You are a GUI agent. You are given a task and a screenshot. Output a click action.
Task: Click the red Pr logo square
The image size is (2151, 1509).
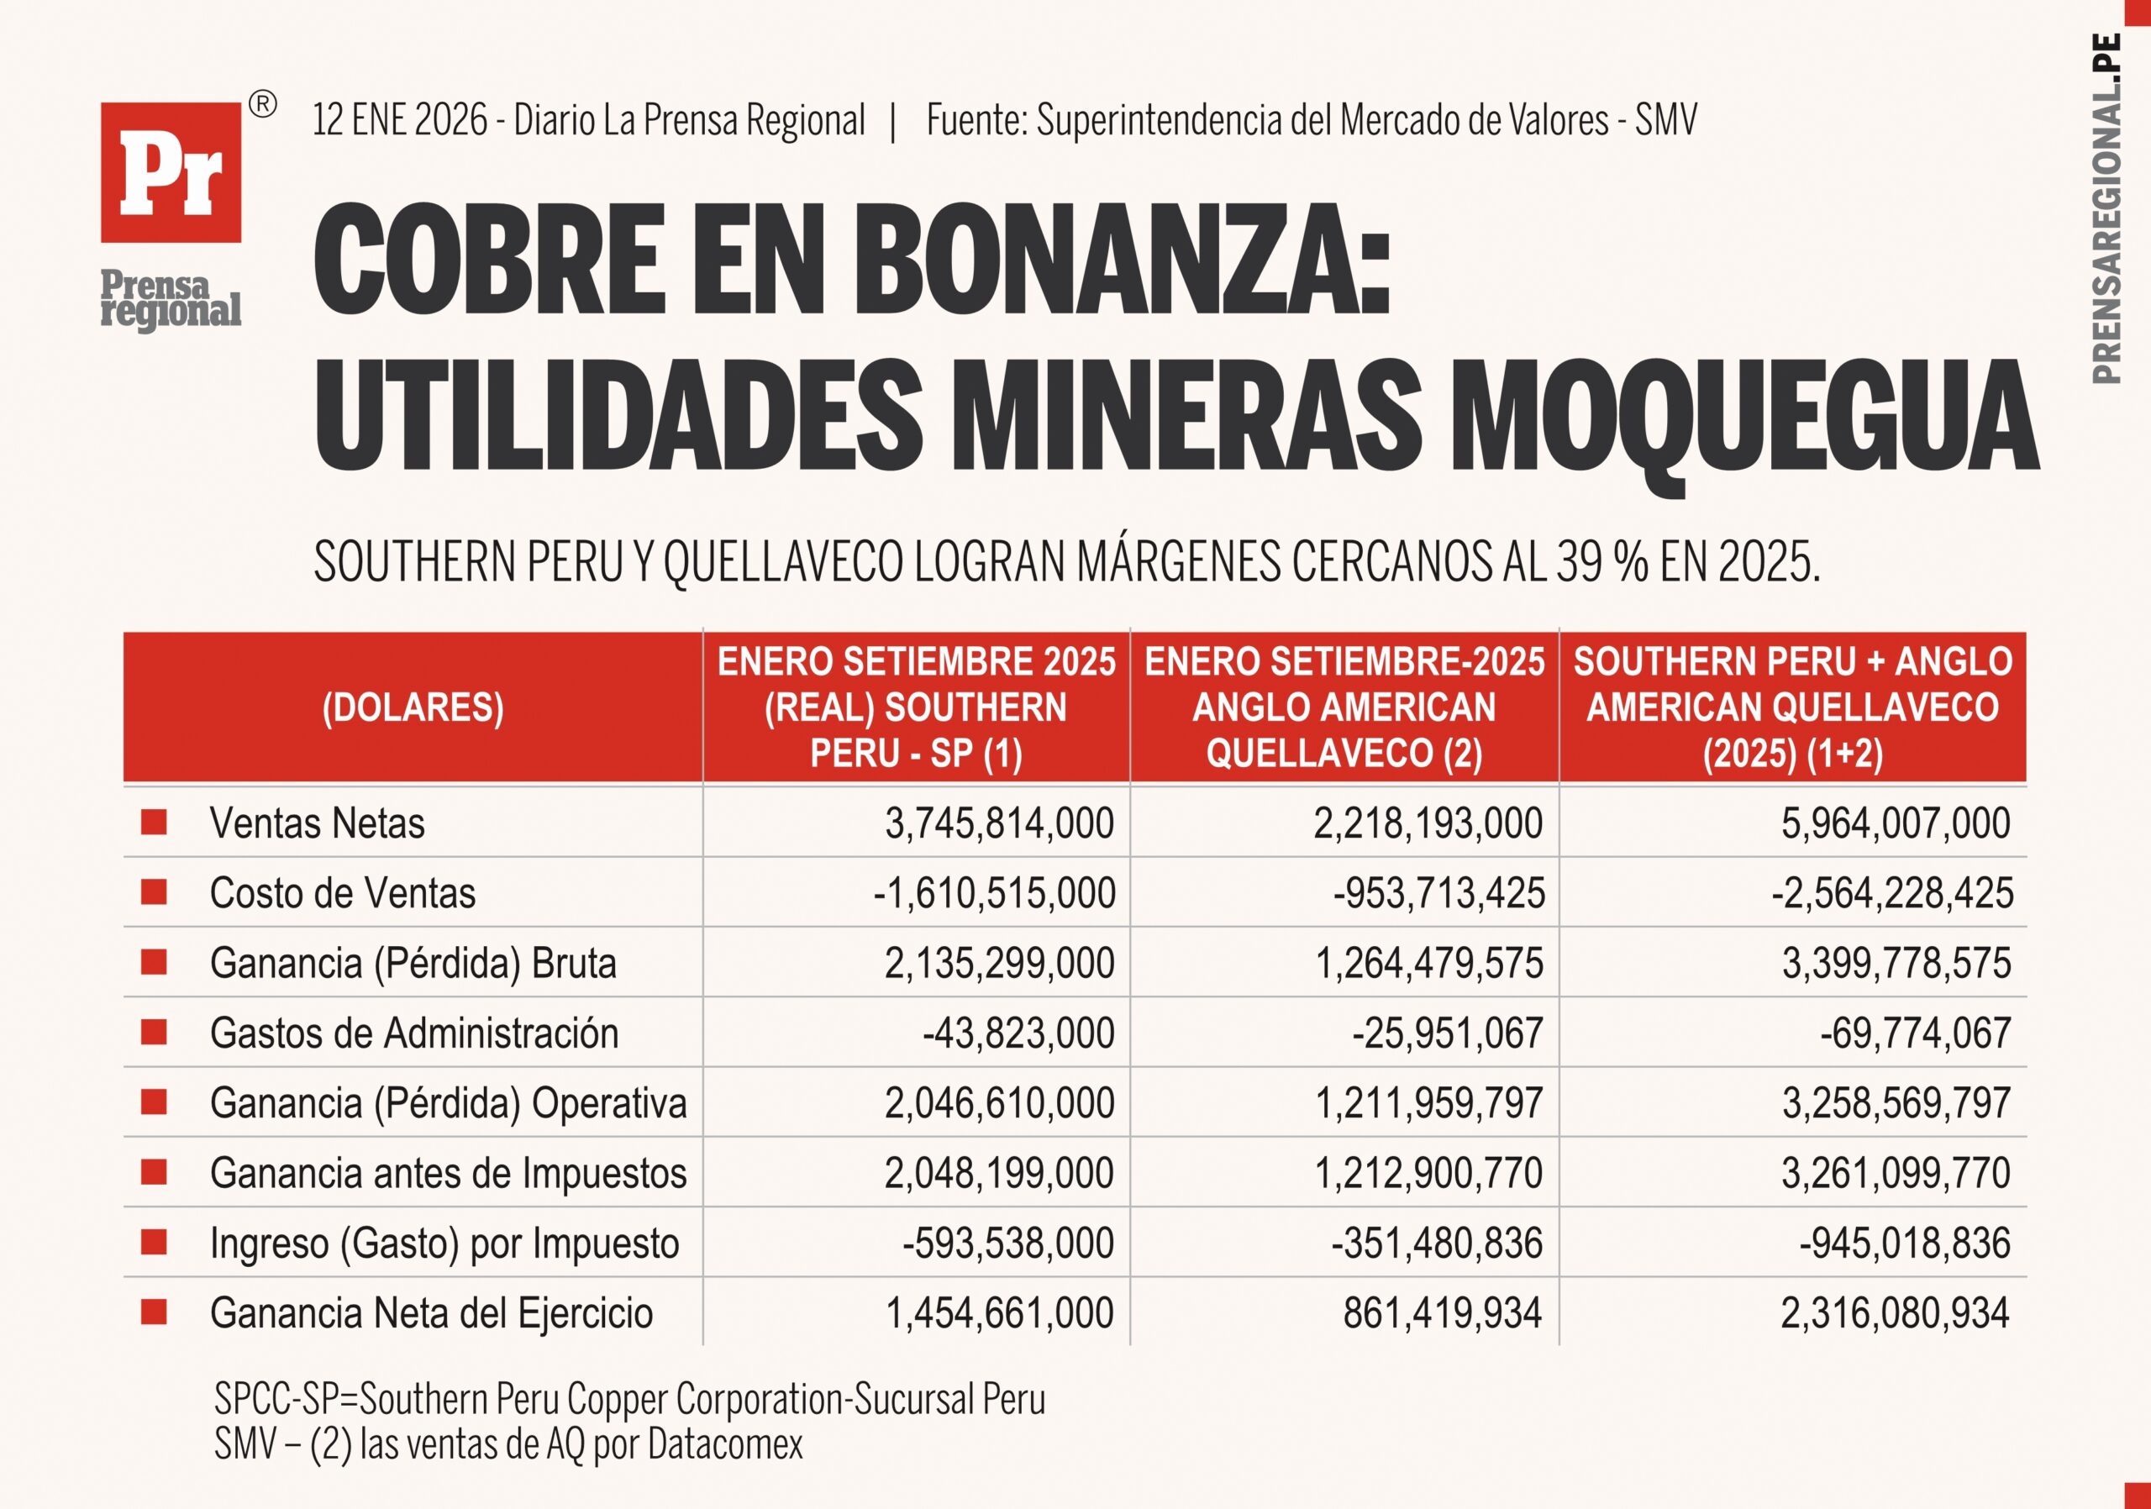point(171,172)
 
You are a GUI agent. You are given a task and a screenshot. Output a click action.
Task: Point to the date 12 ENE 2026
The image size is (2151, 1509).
point(399,120)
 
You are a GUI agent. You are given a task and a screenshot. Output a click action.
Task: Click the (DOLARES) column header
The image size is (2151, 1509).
point(413,707)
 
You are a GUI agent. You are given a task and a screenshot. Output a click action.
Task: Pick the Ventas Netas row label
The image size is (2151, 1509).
point(317,823)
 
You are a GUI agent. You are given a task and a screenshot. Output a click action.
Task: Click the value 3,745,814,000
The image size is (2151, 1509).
point(999,823)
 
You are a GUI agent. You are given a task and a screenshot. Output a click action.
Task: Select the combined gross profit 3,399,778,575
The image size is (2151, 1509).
point(1896,963)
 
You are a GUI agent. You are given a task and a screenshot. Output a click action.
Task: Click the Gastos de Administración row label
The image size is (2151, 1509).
point(414,1033)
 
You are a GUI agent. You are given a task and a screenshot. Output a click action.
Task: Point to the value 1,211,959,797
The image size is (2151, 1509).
point(1428,1102)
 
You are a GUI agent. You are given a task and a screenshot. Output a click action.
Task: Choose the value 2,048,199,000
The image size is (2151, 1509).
point(999,1173)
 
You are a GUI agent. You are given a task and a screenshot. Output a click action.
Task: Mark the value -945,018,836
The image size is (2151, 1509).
point(1904,1243)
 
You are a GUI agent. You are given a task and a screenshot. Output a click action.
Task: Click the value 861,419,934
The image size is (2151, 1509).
point(1442,1313)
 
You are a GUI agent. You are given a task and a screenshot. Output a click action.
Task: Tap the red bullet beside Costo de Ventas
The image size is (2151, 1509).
point(154,891)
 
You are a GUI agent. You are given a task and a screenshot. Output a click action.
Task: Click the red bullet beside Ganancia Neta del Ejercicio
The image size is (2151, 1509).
point(154,1312)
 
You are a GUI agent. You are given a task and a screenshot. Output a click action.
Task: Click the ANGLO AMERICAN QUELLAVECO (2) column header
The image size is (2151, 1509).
point(1344,707)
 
